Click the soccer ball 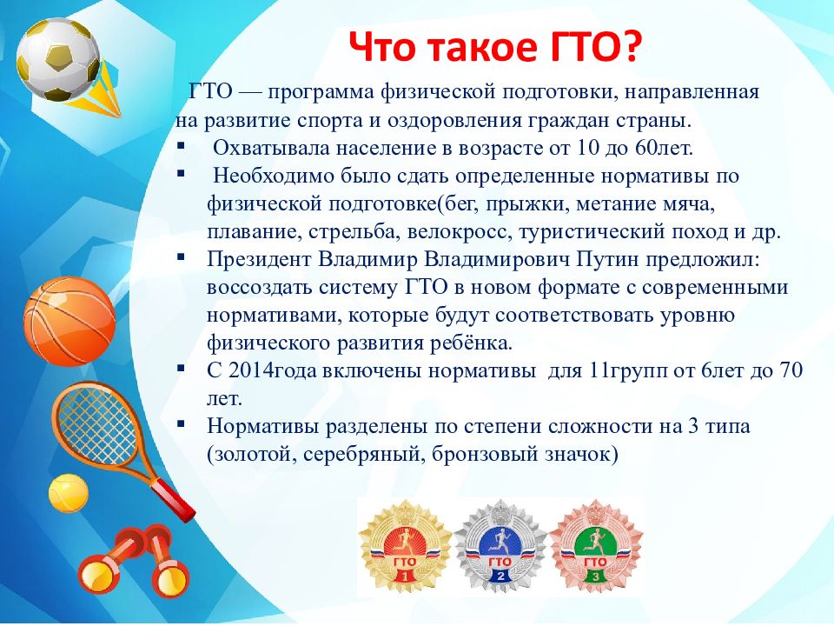57,59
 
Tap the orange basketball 69,322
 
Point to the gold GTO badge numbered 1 406,546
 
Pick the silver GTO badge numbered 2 500,546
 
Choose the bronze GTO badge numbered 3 596,546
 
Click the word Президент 259,259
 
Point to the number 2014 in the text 250,370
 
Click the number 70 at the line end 791,370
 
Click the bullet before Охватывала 182,145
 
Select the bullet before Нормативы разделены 182,423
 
